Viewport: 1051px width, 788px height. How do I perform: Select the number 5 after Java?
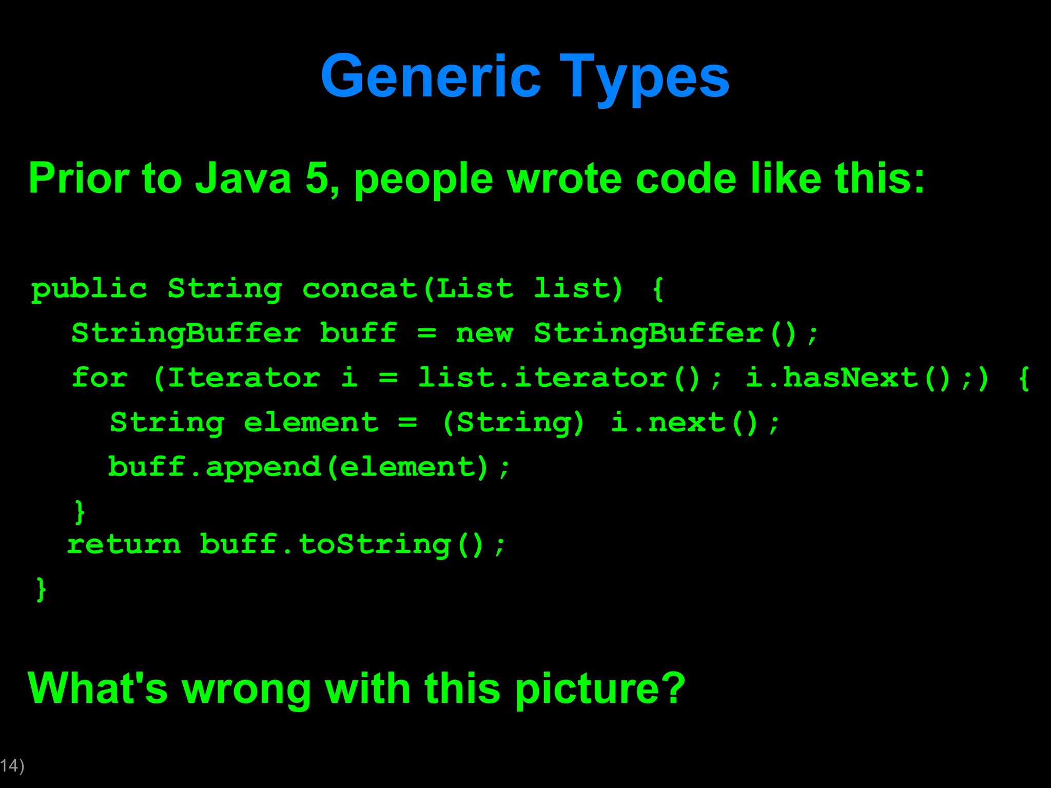coord(317,178)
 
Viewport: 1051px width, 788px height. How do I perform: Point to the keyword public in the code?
coord(89,289)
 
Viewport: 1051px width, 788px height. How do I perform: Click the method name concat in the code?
coord(359,289)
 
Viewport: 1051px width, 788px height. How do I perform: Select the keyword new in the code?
coord(484,333)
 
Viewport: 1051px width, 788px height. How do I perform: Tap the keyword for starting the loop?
coord(100,378)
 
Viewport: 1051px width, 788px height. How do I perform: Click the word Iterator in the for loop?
coord(244,378)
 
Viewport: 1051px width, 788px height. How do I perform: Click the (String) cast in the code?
coord(513,423)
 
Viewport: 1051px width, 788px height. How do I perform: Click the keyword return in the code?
coord(124,544)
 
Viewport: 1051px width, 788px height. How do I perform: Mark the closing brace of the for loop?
coord(80,511)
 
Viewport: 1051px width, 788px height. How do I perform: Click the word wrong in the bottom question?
coord(246,688)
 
